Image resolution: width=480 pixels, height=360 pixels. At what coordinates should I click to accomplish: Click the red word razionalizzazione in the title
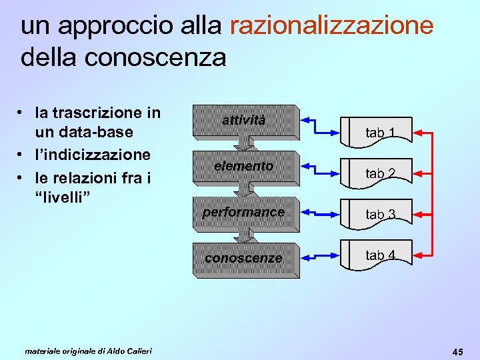click(331, 26)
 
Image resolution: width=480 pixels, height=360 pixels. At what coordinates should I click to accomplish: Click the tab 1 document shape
click(378, 132)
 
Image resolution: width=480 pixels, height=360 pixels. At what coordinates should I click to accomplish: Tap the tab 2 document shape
click(378, 173)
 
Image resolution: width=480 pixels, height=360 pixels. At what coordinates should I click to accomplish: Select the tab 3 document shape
click(378, 213)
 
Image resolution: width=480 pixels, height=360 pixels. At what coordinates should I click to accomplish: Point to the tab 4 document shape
click(378, 255)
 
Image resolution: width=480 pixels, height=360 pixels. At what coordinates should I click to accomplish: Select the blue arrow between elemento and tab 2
click(320, 166)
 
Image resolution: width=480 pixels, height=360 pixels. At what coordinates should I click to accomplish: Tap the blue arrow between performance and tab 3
click(320, 212)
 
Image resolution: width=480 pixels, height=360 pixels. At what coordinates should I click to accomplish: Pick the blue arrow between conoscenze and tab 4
click(320, 255)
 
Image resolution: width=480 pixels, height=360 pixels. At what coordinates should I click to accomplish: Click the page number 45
click(458, 351)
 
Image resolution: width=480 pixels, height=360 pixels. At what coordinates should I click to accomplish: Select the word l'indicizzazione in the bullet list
click(93, 155)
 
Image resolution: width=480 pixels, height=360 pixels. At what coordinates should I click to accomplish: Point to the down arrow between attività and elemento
click(244, 143)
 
